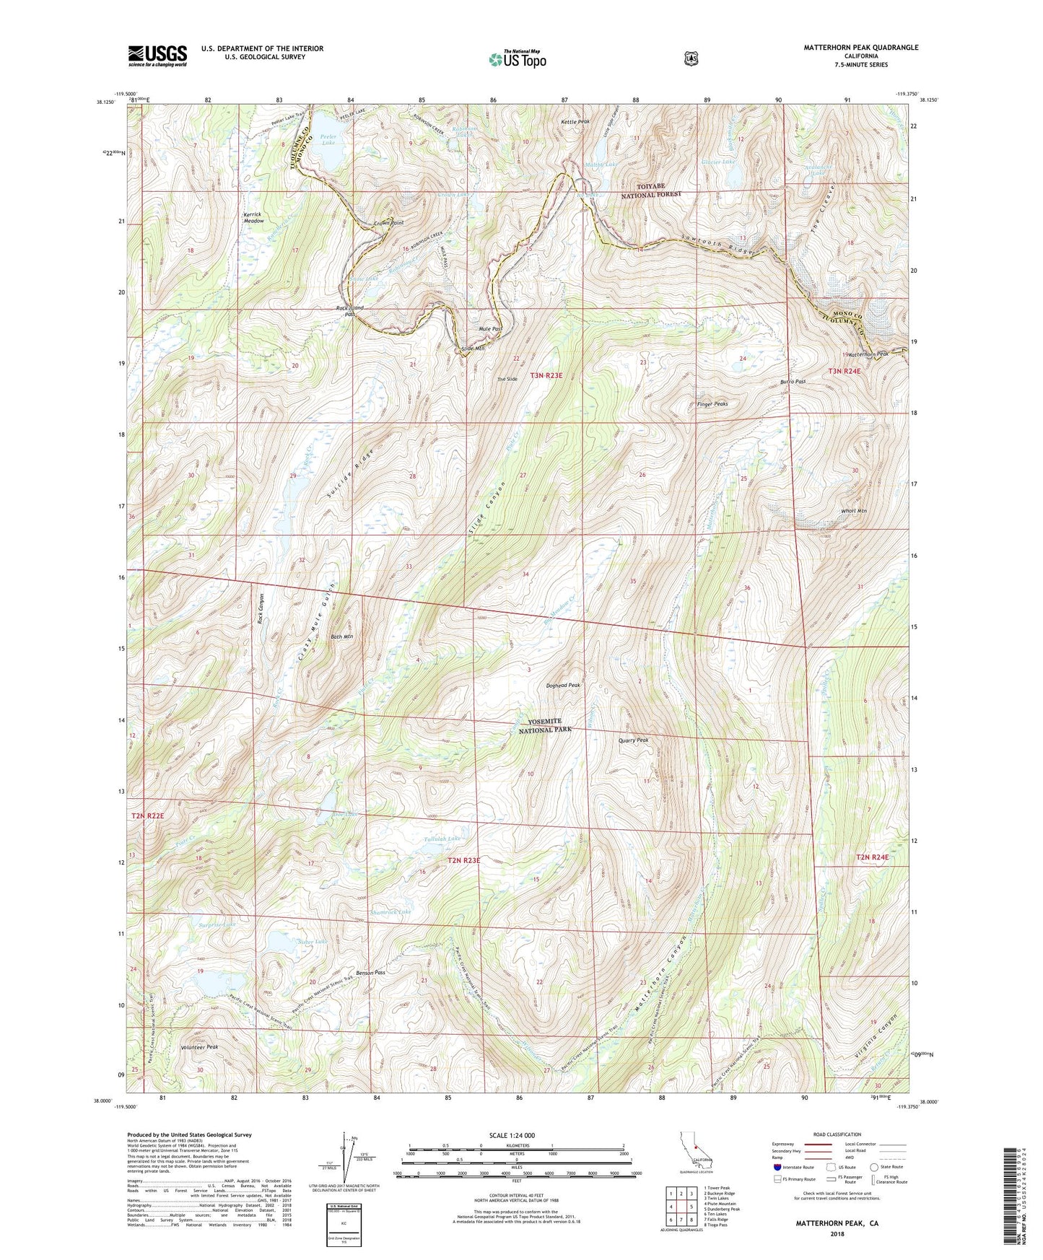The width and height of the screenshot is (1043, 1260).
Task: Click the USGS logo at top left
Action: [157, 56]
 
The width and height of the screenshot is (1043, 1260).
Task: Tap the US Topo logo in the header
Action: [516, 59]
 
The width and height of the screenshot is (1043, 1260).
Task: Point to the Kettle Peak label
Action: [575, 122]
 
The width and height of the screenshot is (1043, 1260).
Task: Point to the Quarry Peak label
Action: [634, 740]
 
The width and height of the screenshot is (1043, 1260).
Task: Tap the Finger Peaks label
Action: [707, 404]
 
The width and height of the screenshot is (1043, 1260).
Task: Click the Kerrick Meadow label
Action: [253, 218]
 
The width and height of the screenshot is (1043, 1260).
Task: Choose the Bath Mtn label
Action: [341, 636]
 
